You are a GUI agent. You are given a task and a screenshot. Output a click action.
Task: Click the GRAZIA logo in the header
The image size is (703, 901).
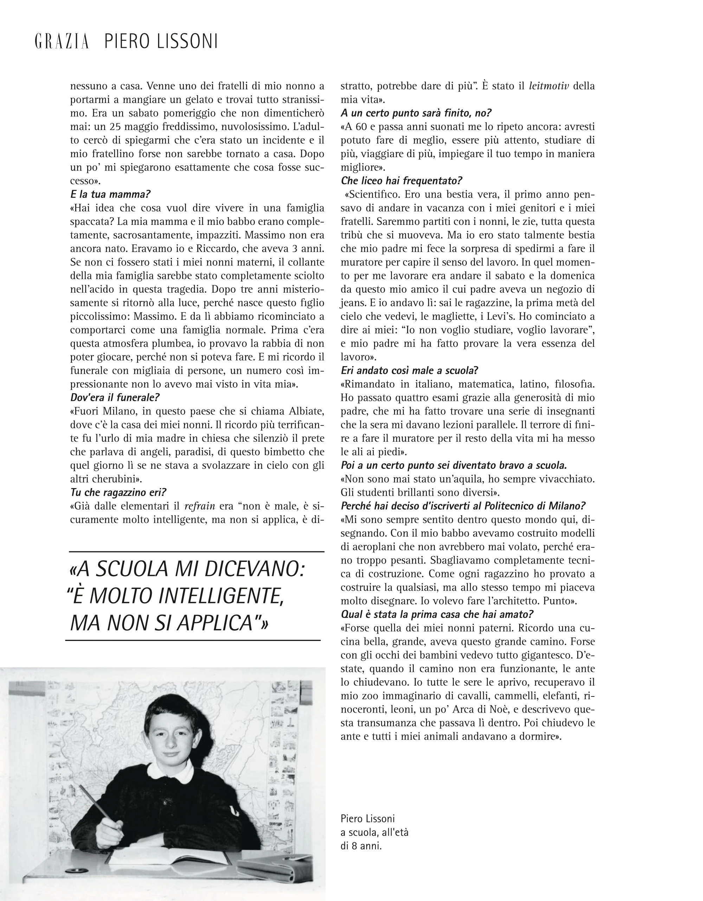(62, 42)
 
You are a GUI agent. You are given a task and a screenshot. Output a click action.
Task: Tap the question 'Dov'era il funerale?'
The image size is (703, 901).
(115, 398)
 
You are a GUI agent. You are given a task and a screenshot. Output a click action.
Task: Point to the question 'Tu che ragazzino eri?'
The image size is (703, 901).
(118, 493)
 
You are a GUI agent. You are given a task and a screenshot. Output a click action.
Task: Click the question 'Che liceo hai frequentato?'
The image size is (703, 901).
(401, 181)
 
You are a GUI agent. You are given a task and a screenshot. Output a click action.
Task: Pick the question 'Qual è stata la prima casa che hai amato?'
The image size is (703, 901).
(437, 614)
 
